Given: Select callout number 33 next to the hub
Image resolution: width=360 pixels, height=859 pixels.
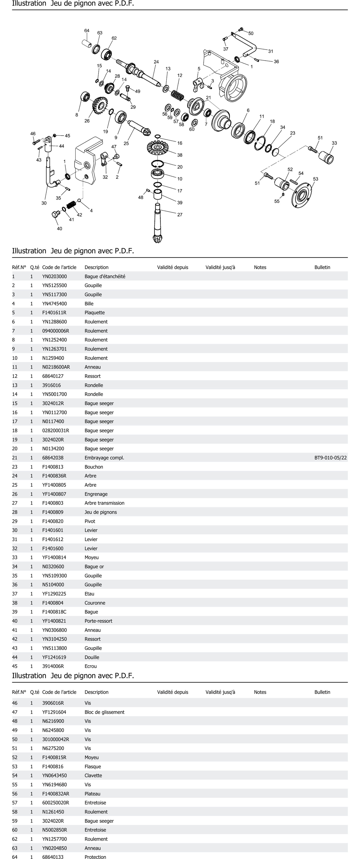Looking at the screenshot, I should (x=334, y=143).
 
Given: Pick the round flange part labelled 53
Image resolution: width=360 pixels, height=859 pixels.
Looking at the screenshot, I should (x=301, y=195).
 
